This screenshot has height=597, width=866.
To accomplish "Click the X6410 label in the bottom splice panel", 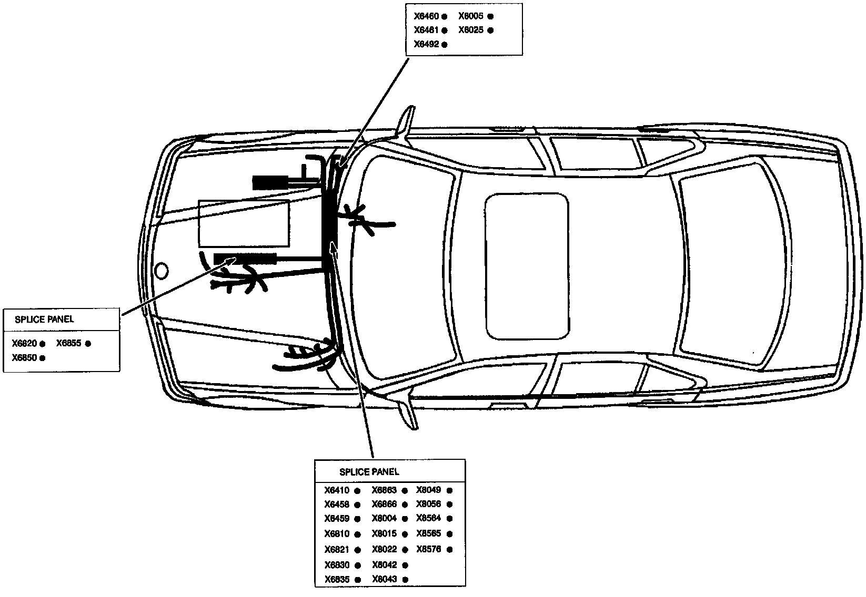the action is click(x=337, y=491).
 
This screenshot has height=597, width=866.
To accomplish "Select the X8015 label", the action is click(x=384, y=534).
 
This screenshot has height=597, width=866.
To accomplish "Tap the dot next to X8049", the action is click(x=450, y=491).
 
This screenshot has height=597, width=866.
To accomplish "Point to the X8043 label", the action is click(x=384, y=579).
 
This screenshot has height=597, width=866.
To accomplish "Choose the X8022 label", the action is click(x=384, y=550).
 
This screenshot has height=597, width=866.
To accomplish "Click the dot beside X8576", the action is click(x=450, y=550).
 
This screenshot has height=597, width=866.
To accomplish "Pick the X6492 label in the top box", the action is click(x=426, y=45).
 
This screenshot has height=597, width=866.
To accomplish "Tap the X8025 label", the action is click(x=471, y=30).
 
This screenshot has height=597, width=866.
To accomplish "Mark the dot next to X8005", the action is click(x=490, y=17).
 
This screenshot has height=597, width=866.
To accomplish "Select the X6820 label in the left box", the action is click(x=25, y=344).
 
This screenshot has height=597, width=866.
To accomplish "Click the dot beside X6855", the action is click(x=88, y=344).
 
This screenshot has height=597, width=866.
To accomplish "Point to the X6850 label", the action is click(x=25, y=358).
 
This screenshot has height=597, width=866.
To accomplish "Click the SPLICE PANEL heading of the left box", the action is click(x=44, y=319).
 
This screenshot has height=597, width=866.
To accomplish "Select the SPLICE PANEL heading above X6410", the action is click(x=369, y=472).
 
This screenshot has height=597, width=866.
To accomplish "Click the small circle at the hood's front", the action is click(x=162, y=271).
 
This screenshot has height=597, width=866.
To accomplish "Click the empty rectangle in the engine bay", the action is click(x=244, y=223).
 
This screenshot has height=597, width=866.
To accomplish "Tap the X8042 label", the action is click(x=384, y=565).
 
